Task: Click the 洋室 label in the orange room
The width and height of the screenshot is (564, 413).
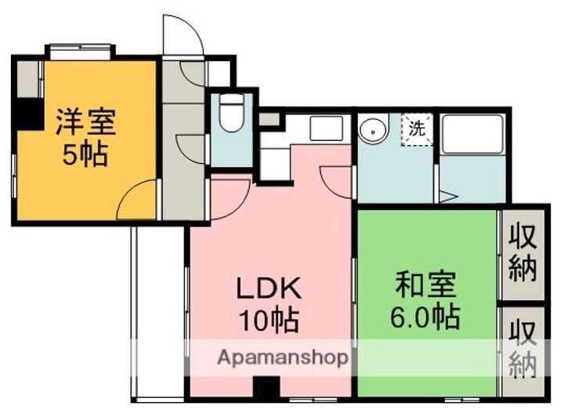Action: click(x=85, y=123)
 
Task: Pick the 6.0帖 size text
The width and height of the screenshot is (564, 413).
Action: click(x=425, y=317)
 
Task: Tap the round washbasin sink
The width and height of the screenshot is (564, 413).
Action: click(x=374, y=129)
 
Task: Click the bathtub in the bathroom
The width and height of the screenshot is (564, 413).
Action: click(x=472, y=134)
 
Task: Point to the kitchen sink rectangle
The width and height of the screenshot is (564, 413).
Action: click(x=326, y=128)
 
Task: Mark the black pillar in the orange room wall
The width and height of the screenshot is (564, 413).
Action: click(x=29, y=114)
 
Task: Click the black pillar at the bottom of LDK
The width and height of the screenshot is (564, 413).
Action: click(x=267, y=388)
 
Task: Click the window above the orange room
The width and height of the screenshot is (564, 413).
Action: click(x=78, y=51)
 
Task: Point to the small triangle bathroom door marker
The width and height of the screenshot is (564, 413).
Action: click(x=448, y=196)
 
